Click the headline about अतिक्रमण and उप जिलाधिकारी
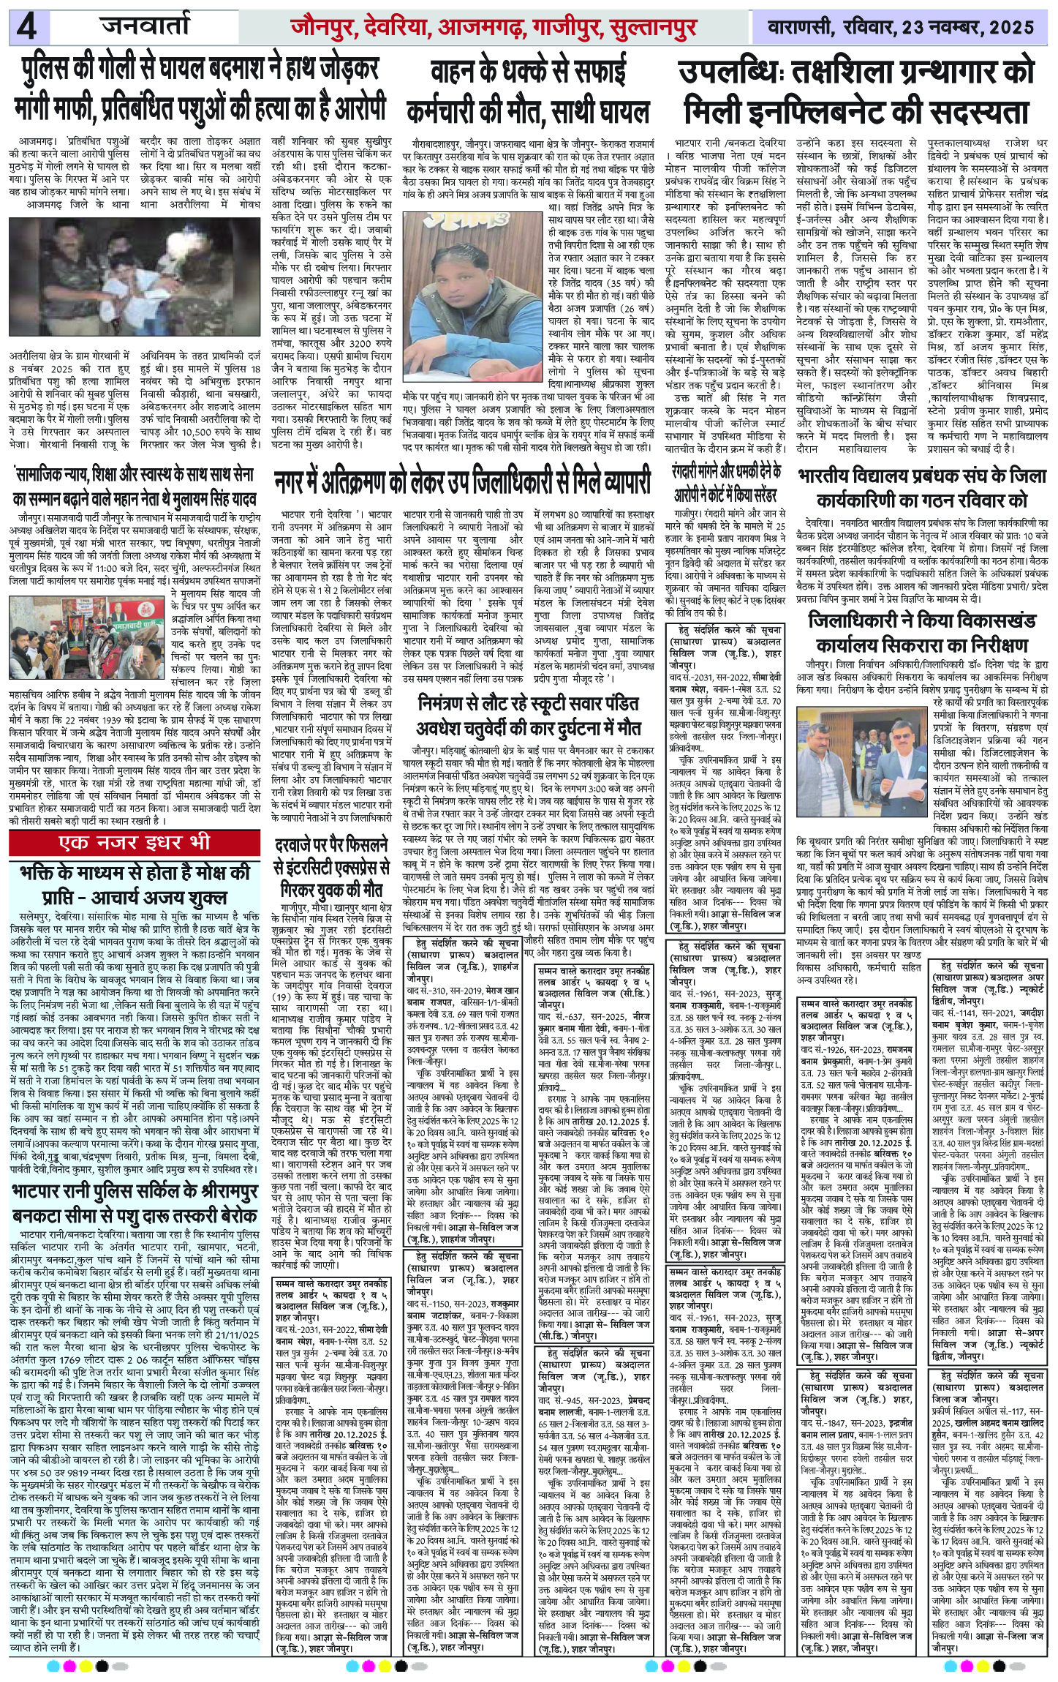tap(462, 483)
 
